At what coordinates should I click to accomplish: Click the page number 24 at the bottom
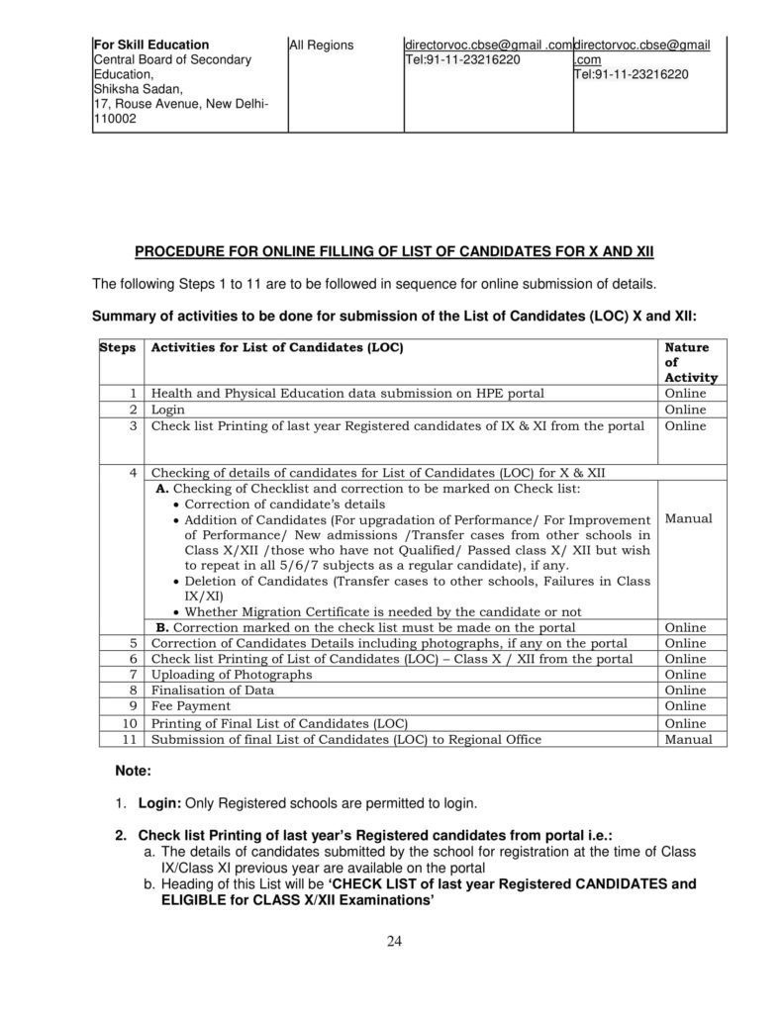point(394,940)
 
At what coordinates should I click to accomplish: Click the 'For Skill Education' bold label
point(150,45)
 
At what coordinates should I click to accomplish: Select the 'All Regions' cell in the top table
point(321,45)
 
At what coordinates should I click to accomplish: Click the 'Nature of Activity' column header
point(688,362)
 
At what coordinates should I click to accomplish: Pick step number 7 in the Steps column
point(133,675)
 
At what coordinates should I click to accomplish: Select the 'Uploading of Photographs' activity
point(231,675)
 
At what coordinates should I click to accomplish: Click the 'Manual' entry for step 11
point(688,738)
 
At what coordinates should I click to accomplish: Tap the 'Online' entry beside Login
point(685,409)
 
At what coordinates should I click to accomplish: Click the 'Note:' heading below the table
point(134,768)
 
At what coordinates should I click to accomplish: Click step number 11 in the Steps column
point(130,738)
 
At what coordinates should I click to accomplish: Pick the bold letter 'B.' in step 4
point(163,627)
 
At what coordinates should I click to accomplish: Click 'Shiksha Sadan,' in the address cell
point(133,87)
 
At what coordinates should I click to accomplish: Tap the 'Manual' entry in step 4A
point(688,518)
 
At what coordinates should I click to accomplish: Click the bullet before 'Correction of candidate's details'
point(178,504)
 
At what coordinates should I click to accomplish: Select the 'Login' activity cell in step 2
point(167,409)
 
